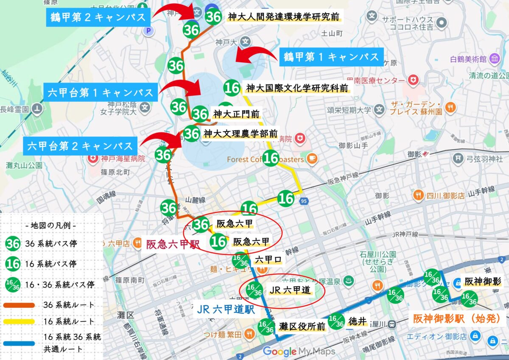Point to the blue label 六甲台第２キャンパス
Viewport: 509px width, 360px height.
[x=80, y=146]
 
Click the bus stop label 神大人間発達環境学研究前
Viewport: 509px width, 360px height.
[x=283, y=17]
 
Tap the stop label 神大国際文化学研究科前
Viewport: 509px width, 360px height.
[x=297, y=88]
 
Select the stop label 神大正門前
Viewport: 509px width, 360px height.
[x=236, y=114]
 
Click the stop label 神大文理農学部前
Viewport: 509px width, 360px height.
[x=241, y=134]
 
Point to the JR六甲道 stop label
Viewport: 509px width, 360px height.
[x=289, y=290]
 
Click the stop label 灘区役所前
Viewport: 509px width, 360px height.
[x=302, y=327]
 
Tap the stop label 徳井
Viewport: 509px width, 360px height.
[x=356, y=320]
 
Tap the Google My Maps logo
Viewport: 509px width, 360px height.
[x=299, y=352]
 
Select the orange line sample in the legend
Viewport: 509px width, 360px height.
[x=20, y=304]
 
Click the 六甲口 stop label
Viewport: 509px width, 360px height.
[x=268, y=260]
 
